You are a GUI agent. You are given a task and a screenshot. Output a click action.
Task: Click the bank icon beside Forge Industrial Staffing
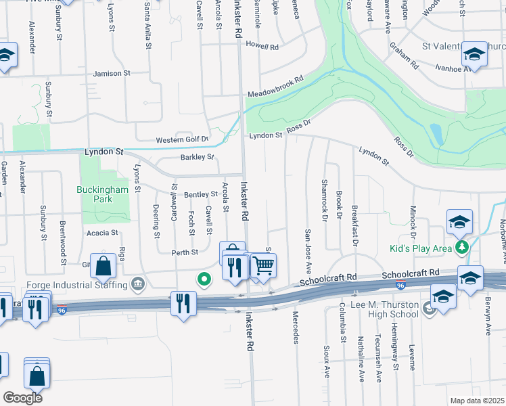[x=137, y=282]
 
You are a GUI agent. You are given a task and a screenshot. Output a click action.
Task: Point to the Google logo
[x=22, y=398]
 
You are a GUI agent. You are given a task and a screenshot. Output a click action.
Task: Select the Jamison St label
[x=112, y=73]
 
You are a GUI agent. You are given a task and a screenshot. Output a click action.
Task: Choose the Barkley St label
[x=197, y=158]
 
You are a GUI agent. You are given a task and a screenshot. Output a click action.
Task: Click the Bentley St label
[x=200, y=195]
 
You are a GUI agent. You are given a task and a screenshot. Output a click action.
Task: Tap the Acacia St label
[x=102, y=232]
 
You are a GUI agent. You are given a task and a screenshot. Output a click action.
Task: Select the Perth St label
[x=185, y=252]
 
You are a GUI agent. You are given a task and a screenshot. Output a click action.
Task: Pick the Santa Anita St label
[x=147, y=26]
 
